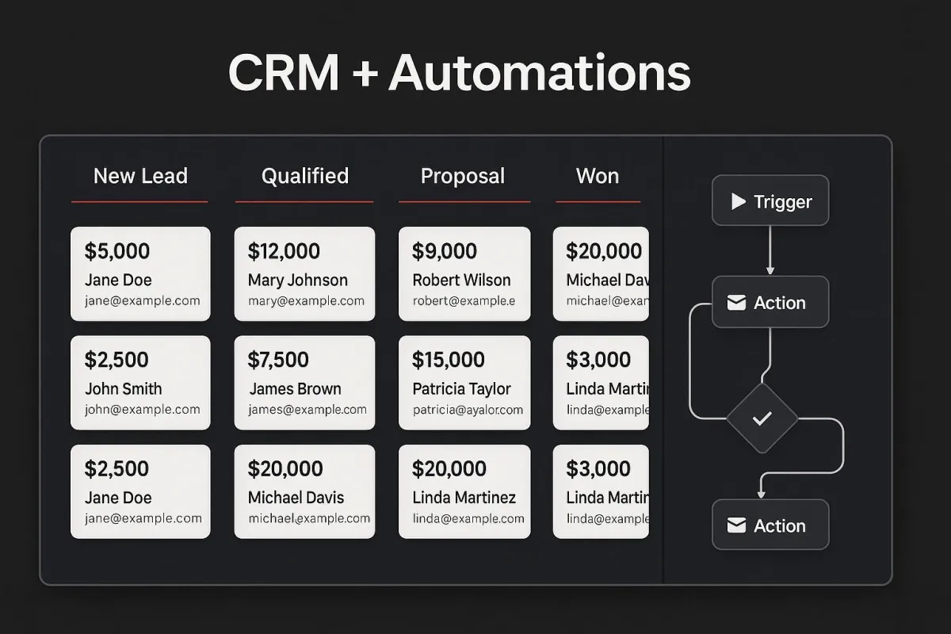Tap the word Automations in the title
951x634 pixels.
pos(540,73)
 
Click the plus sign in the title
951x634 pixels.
pos(364,74)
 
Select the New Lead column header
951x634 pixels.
pos(140,176)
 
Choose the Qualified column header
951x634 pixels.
pos(305,176)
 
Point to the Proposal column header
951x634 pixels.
pos(463,176)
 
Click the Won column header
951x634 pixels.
pos(598,176)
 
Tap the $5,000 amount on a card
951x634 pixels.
pos(117,251)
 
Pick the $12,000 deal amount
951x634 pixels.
pos(284,251)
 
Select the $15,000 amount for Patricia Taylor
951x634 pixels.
pos(449,360)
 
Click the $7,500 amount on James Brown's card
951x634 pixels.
pos(278,360)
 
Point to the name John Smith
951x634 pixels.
pos(124,389)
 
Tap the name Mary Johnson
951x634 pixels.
pos(298,281)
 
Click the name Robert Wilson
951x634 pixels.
pos(462,281)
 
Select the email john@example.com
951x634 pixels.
pos(143,410)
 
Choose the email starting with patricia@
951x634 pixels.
pos(468,410)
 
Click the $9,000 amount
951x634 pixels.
pos(445,251)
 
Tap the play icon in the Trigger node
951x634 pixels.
pos(739,202)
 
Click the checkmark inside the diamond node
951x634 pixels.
pos(762,418)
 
